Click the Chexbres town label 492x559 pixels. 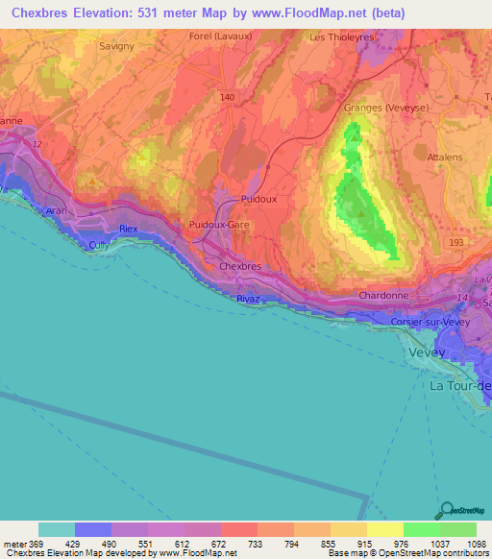240,266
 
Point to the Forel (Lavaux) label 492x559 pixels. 213,36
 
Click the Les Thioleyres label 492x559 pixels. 339,36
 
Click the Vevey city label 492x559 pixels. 428,352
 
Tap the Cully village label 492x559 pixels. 100,245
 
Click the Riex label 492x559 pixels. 129,229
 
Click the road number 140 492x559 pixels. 227,98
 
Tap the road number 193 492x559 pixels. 455,243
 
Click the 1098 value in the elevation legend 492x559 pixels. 471,543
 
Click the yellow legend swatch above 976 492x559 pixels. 384,529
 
